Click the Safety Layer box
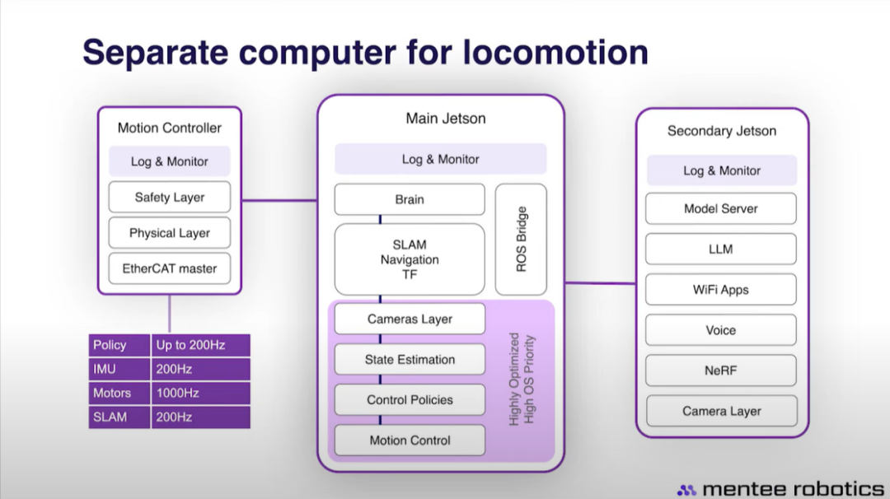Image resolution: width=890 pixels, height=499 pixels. click(170, 197)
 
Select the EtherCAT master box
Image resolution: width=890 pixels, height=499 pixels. click(170, 268)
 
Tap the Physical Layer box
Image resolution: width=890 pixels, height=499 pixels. click(170, 232)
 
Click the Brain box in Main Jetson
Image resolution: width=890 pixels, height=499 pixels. click(410, 199)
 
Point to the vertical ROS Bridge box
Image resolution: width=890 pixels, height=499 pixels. click(521, 240)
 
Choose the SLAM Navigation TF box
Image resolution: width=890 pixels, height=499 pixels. click(410, 259)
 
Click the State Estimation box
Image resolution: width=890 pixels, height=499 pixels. click(410, 359)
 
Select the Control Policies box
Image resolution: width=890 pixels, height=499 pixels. click(410, 399)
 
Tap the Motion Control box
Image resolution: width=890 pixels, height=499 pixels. click(410, 440)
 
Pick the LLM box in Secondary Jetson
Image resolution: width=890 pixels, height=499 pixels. click(721, 249)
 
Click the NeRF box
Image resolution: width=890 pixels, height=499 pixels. click(721, 371)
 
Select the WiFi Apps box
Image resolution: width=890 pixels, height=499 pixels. click(721, 289)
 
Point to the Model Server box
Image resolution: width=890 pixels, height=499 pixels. click(721, 208)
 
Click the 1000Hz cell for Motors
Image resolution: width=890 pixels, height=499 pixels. click(201, 393)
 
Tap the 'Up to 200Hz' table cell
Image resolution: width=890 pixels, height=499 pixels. click(201, 345)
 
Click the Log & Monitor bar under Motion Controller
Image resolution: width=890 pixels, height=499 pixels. click(170, 161)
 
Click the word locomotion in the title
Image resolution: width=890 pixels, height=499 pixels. click(555, 52)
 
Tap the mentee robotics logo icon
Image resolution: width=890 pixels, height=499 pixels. click(686, 490)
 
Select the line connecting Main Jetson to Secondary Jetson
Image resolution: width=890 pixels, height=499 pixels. click(601, 282)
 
